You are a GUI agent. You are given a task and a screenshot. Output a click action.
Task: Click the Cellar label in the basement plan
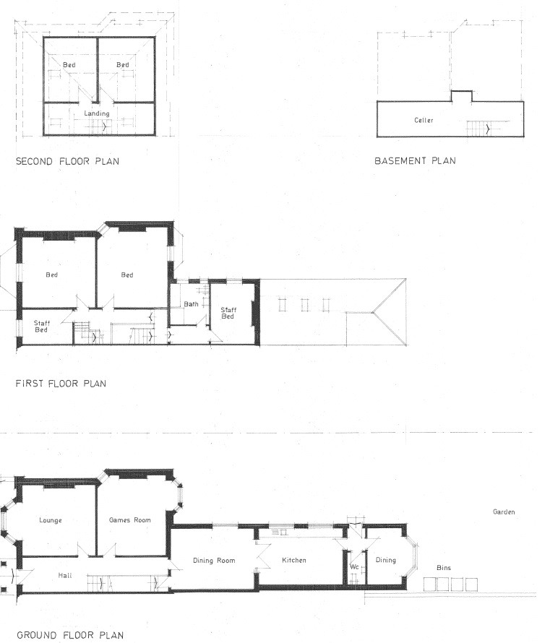tap(424, 120)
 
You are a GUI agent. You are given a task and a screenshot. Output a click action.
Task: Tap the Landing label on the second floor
tap(97, 113)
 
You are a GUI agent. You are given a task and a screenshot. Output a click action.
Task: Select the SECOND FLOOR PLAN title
tap(68, 161)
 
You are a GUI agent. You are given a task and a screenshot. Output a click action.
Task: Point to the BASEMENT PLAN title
tap(415, 160)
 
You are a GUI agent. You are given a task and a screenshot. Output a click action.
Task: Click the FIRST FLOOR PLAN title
tap(61, 384)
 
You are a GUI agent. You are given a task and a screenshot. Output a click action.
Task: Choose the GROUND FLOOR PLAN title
tap(70, 635)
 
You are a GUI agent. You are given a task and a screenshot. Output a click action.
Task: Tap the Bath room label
tap(191, 304)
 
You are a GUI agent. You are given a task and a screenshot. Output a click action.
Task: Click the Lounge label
tap(51, 520)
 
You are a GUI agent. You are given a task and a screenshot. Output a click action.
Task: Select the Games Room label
tap(129, 520)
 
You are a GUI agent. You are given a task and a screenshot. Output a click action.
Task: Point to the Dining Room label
tap(214, 561)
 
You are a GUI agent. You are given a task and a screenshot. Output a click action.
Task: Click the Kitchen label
tap(293, 560)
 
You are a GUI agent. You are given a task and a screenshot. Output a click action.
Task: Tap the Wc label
tap(354, 566)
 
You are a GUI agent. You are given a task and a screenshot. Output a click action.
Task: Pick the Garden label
tap(504, 512)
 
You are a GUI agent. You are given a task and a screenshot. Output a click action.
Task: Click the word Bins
tap(444, 568)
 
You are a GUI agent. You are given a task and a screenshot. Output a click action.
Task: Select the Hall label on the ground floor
tap(65, 575)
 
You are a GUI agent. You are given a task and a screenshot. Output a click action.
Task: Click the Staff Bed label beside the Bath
tap(228, 313)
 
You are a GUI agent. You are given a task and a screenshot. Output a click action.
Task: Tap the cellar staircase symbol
tap(478, 129)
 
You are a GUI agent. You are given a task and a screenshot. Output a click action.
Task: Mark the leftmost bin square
tap(430, 584)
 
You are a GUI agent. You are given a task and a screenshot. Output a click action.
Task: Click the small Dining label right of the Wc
tap(385, 560)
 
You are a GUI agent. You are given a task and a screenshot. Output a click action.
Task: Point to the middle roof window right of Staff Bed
tap(305, 305)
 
